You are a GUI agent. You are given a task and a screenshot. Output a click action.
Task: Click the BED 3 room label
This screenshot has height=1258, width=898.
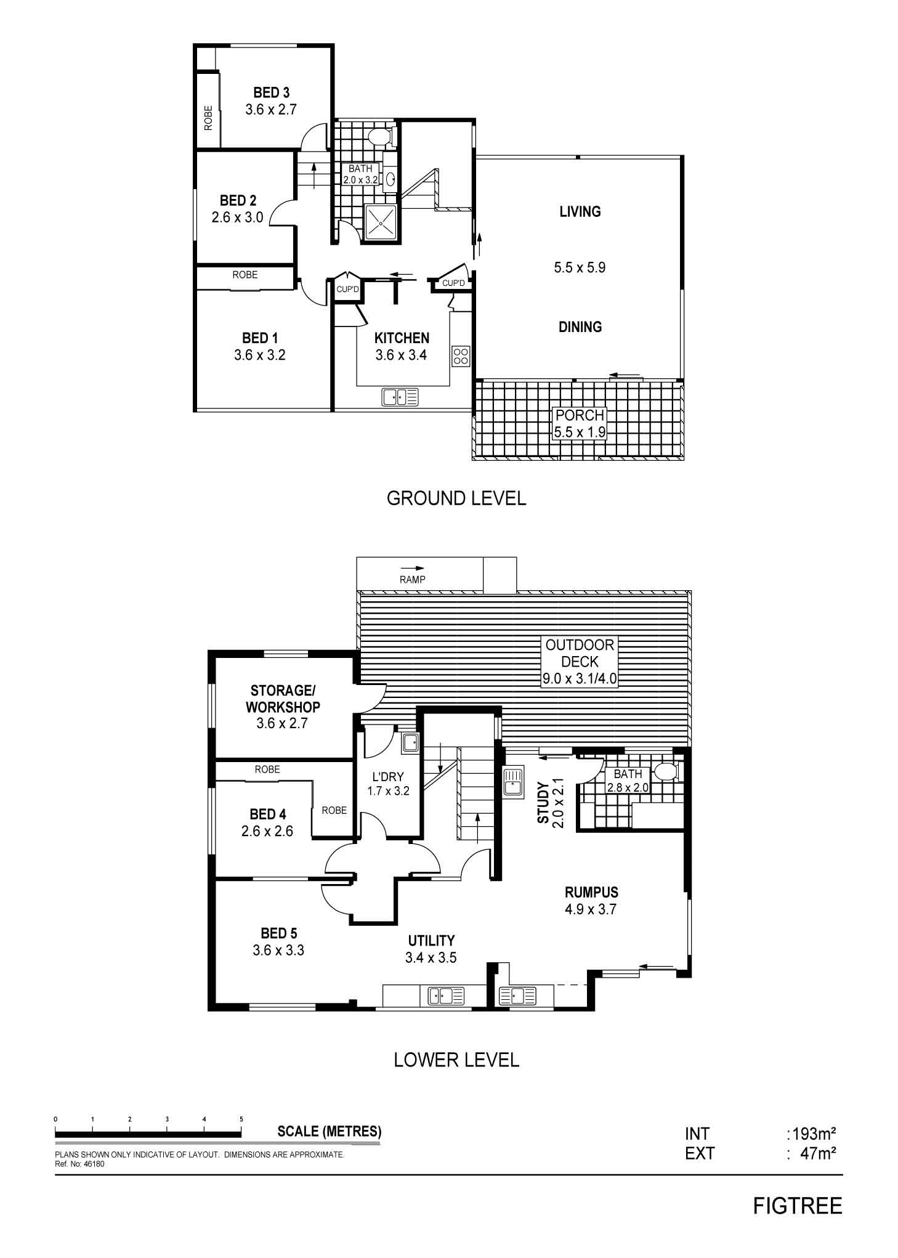pos(271,92)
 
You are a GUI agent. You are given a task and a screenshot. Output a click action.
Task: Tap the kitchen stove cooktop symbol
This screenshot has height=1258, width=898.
pos(461,355)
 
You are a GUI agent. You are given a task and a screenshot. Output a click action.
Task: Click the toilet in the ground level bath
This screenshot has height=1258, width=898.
pos(378,136)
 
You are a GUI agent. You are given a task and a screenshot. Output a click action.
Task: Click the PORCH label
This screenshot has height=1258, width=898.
pos(580,415)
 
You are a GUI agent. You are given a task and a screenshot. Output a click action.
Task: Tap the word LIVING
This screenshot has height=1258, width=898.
pos(580,211)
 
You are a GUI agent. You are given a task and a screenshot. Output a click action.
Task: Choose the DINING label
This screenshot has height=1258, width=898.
pos(580,327)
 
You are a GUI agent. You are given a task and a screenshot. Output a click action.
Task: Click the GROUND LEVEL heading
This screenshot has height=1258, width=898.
pos(456,498)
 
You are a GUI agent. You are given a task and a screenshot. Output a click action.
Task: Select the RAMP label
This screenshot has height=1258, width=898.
pos(413,579)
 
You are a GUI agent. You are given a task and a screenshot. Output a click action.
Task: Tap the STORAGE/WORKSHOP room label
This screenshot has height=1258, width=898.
pos(283,699)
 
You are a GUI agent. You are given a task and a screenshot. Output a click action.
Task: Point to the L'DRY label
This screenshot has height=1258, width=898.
pos(389,777)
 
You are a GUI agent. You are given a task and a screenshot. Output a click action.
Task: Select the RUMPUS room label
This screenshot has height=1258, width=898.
pos(591,891)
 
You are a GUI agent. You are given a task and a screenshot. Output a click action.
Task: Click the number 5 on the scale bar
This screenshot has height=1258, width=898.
pos(241,1119)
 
